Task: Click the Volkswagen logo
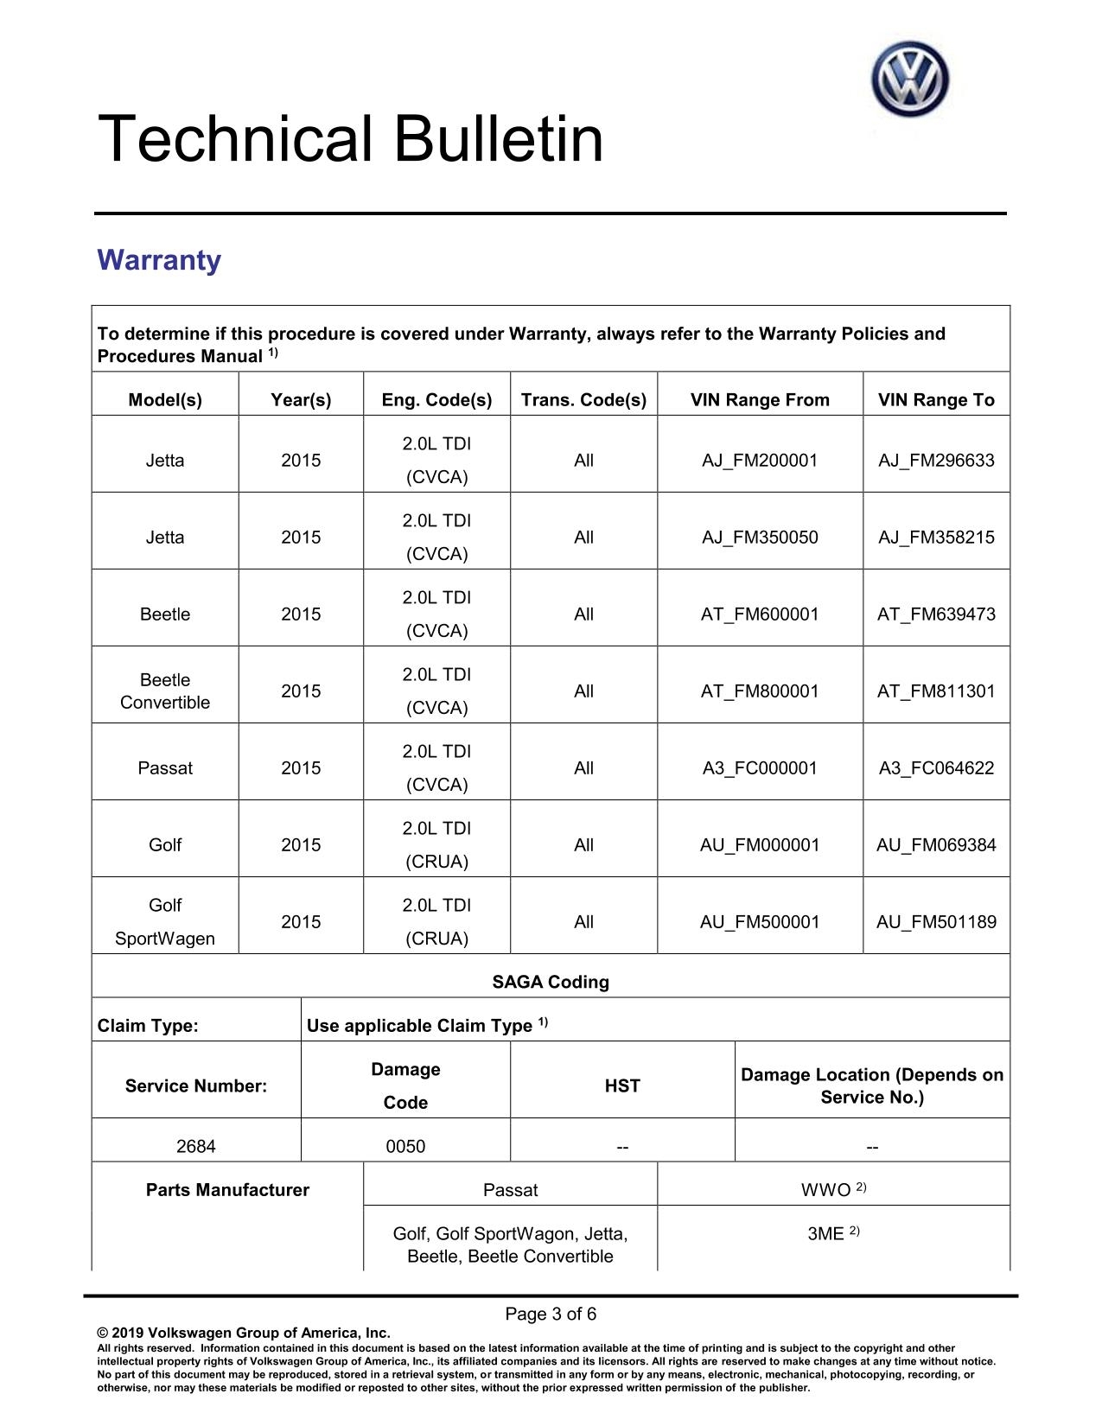[x=909, y=80]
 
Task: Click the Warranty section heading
[x=159, y=260]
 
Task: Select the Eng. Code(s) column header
[x=436, y=400]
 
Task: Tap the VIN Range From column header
[x=760, y=400]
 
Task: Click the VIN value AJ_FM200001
[x=760, y=461]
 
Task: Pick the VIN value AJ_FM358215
[x=936, y=538]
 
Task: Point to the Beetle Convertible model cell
[x=165, y=691]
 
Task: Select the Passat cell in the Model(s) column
[x=165, y=768]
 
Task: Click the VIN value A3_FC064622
[x=936, y=768]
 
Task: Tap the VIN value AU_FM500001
[x=760, y=922]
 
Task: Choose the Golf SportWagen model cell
[x=165, y=922]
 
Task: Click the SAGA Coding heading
[x=551, y=983]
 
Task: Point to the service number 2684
[x=196, y=1147]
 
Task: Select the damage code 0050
[x=405, y=1147]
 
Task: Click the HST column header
[x=622, y=1086]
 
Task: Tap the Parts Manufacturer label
[x=227, y=1190]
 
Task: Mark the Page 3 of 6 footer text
[x=551, y=1315]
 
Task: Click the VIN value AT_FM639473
[x=936, y=614]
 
